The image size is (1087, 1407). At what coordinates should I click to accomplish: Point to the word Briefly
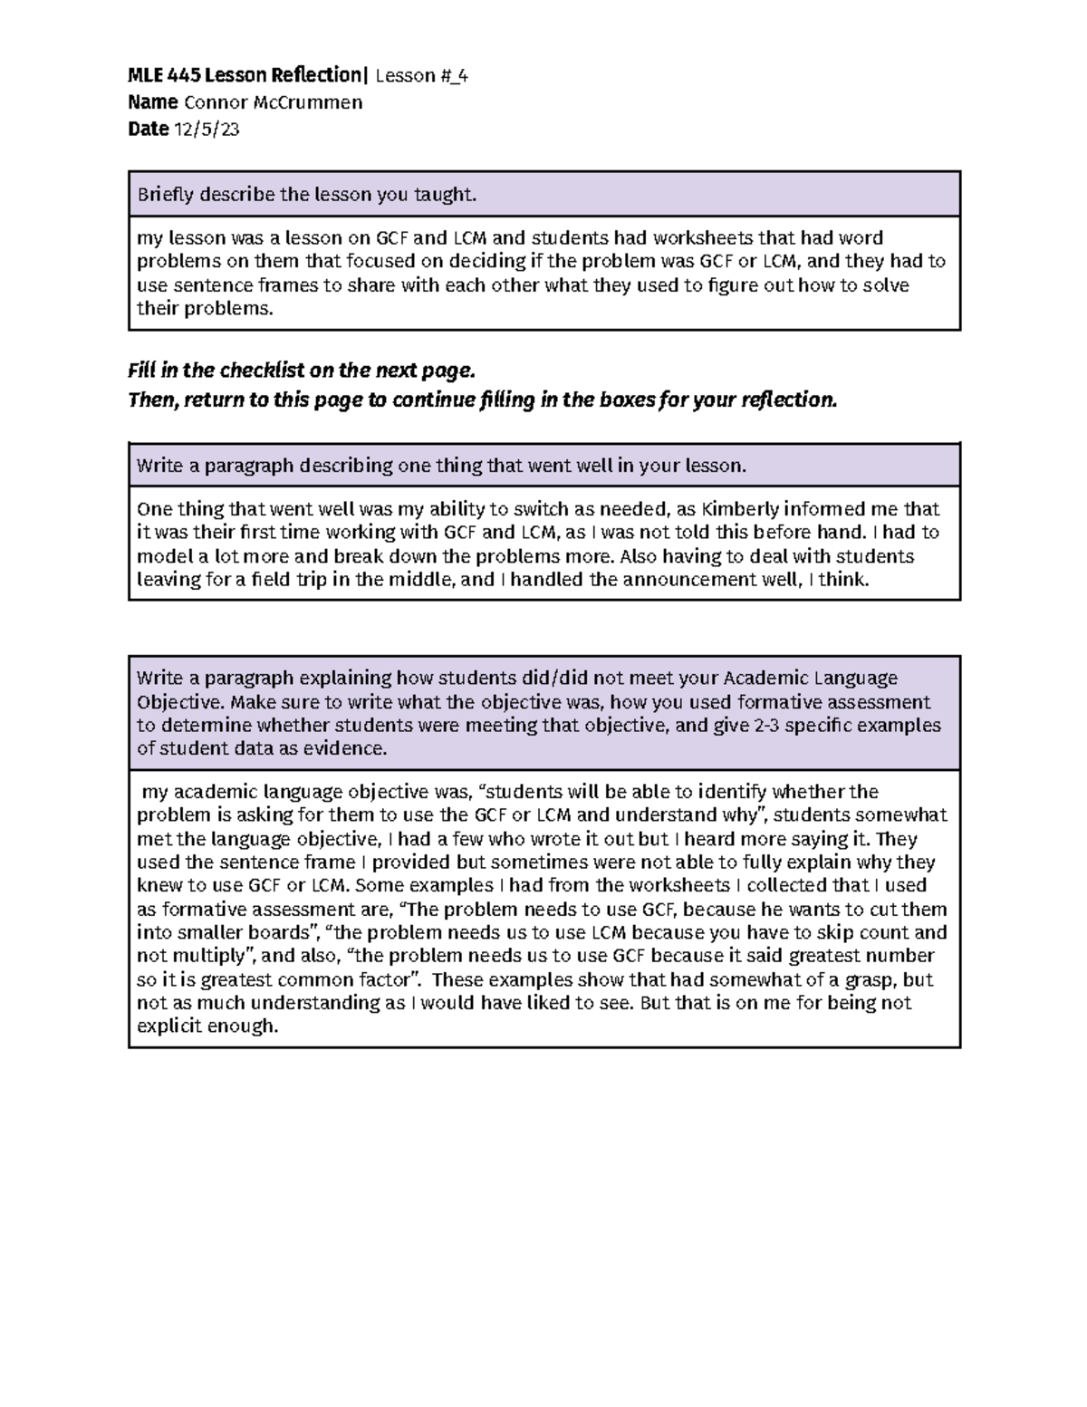coord(165,194)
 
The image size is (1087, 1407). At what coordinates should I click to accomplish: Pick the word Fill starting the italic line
coord(143,371)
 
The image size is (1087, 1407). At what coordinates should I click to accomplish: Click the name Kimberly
coord(740,508)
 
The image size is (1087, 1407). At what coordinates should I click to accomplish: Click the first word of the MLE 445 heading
coord(146,75)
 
